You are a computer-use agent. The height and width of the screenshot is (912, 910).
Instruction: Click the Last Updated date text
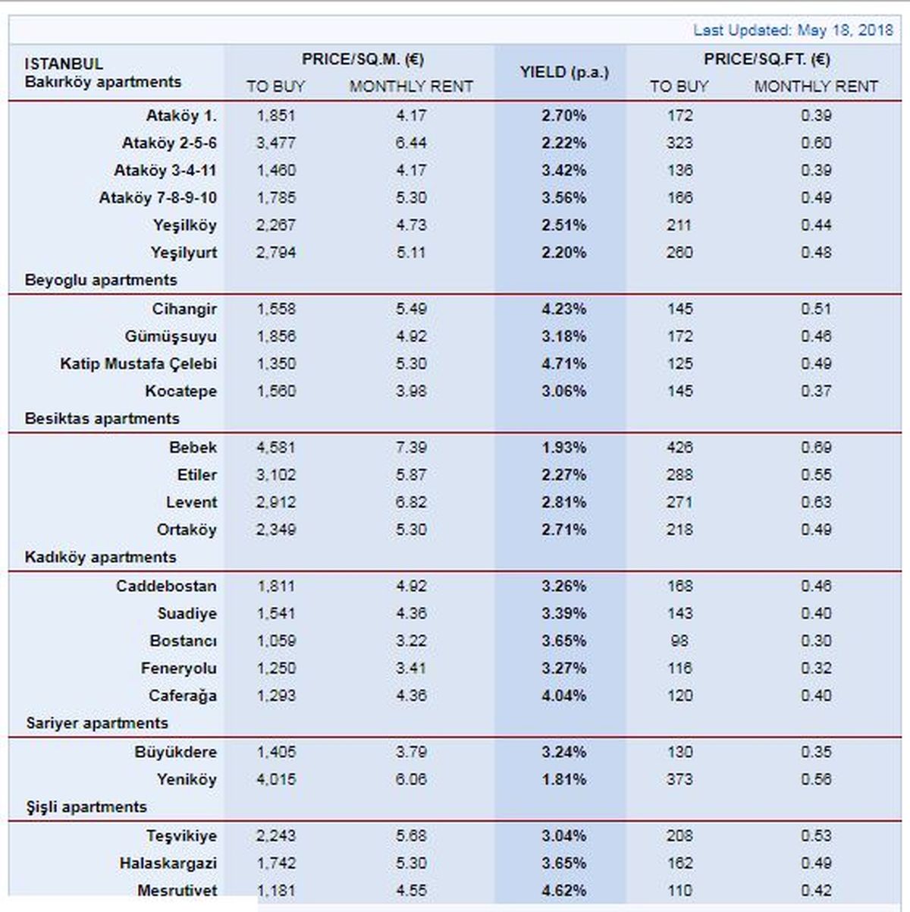(x=793, y=30)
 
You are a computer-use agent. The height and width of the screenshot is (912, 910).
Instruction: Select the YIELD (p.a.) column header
(x=564, y=72)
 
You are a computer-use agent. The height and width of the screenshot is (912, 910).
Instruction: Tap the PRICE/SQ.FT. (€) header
(x=766, y=59)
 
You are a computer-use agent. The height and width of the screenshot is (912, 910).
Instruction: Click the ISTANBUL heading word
(x=64, y=64)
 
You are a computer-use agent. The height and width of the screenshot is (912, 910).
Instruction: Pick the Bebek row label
(x=193, y=448)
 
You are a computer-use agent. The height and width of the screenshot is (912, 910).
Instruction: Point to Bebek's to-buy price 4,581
(x=276, y=448)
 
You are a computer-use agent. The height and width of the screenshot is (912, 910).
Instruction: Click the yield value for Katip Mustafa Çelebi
(x=564, y=363)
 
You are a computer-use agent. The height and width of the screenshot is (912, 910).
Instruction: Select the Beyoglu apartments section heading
(x=101, y=280)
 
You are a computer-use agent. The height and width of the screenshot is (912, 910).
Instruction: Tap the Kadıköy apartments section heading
(x=100, y=557)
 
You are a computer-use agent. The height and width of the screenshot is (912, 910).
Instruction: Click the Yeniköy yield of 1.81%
(x=564, y=779)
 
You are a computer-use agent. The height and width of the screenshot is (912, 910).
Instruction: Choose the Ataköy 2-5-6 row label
(x=169, y=143)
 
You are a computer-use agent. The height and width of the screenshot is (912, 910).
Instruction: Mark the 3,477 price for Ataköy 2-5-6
(x=276, y=143)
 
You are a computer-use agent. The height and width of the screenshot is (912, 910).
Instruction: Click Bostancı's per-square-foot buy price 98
(x=679, y=641)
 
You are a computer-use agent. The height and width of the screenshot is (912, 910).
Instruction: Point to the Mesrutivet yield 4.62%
(x=564, y=890)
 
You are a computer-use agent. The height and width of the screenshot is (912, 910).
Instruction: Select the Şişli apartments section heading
(x=86, y=807)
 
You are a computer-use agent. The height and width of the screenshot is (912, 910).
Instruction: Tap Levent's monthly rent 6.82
(x=411, y=502)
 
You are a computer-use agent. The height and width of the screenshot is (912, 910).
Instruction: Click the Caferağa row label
(x=183, y=696)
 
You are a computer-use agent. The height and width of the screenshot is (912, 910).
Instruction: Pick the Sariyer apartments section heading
(x=97, y=723)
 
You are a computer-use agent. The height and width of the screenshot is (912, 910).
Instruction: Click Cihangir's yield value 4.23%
(x=564, y=309)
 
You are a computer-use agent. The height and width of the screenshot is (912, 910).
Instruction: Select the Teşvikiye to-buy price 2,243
(x=276, y=835)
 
